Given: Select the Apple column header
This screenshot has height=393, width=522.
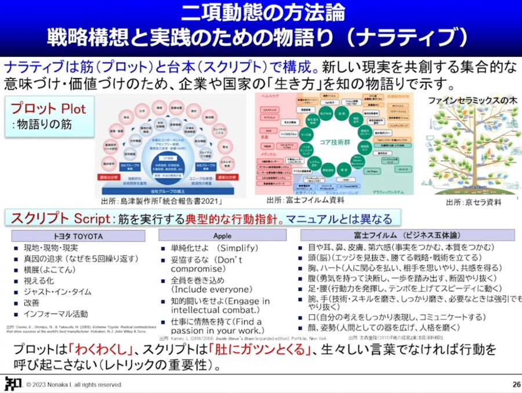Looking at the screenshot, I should (222, 236).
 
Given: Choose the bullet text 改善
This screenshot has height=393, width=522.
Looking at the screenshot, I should (32, 302).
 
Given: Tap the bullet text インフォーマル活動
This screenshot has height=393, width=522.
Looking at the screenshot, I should (53, 313).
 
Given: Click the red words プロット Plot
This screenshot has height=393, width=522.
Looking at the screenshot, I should (48, 109).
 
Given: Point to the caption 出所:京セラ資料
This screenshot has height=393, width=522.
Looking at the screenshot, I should (473, 203).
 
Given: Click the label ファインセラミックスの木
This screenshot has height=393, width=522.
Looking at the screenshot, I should (472, 100).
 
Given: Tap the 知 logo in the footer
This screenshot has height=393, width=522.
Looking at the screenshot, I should (11, 383).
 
